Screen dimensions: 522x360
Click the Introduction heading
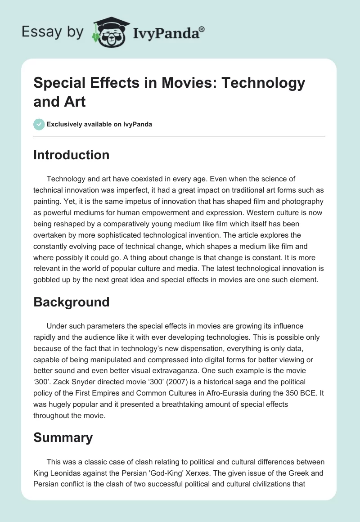[x=72, y=155]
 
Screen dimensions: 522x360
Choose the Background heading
[x=72, y=302]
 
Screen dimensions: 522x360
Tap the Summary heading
[x=63, y=437]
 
